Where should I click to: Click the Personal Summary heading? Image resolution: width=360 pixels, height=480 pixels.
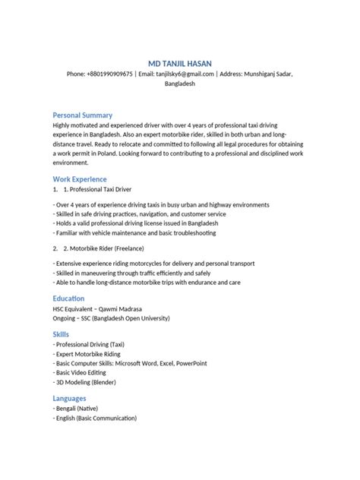pyautogui.click(x=82, y=114)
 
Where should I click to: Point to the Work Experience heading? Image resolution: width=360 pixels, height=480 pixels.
pyautogui.click(x=80, y=178)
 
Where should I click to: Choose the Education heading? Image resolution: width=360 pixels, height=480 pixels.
pyautogui.click(x=68, y=299)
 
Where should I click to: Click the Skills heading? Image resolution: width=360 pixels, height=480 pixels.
pyautogui.click(x=61, y=333)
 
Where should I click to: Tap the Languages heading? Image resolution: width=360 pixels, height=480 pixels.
pyautogui.click(x=69, y=398)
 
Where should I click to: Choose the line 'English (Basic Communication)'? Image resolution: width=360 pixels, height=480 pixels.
pyautogui.click(x=96, y=418)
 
